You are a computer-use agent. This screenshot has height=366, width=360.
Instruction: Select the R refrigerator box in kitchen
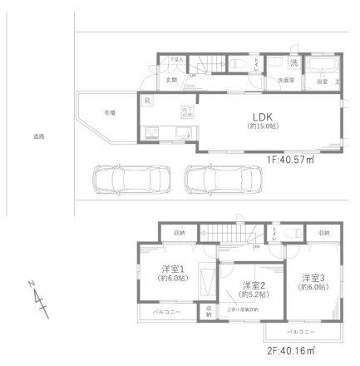(x=147, y=101)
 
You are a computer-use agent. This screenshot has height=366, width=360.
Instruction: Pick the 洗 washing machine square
(x=293, y=63)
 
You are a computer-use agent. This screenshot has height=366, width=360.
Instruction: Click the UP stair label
(x=194, y=75)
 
